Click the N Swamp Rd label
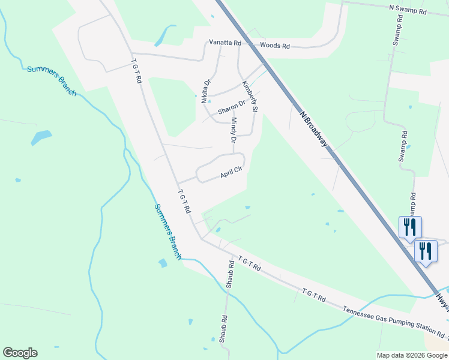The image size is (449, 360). pos(408,10)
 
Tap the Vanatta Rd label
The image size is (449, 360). pos(224,43)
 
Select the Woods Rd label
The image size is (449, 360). pos(275,46)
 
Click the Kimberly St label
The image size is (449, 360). pos(249,97)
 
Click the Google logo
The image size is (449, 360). pos(20,353)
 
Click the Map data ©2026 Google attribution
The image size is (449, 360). pos(411,355)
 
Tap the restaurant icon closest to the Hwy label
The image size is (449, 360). pos(426,251)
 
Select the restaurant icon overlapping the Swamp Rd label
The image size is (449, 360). pos(410,227)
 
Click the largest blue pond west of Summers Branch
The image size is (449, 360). pos(41,137)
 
